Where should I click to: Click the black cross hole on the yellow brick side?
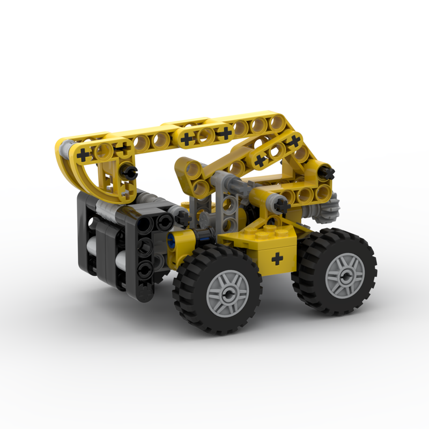pos(277,260)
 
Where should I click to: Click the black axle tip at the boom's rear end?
pos(328,173)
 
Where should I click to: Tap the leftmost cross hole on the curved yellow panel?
pos(84,155)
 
